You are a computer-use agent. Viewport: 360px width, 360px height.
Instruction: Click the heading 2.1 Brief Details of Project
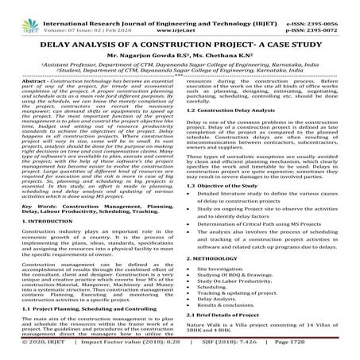pyautogui.click(x=230, y=335)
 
